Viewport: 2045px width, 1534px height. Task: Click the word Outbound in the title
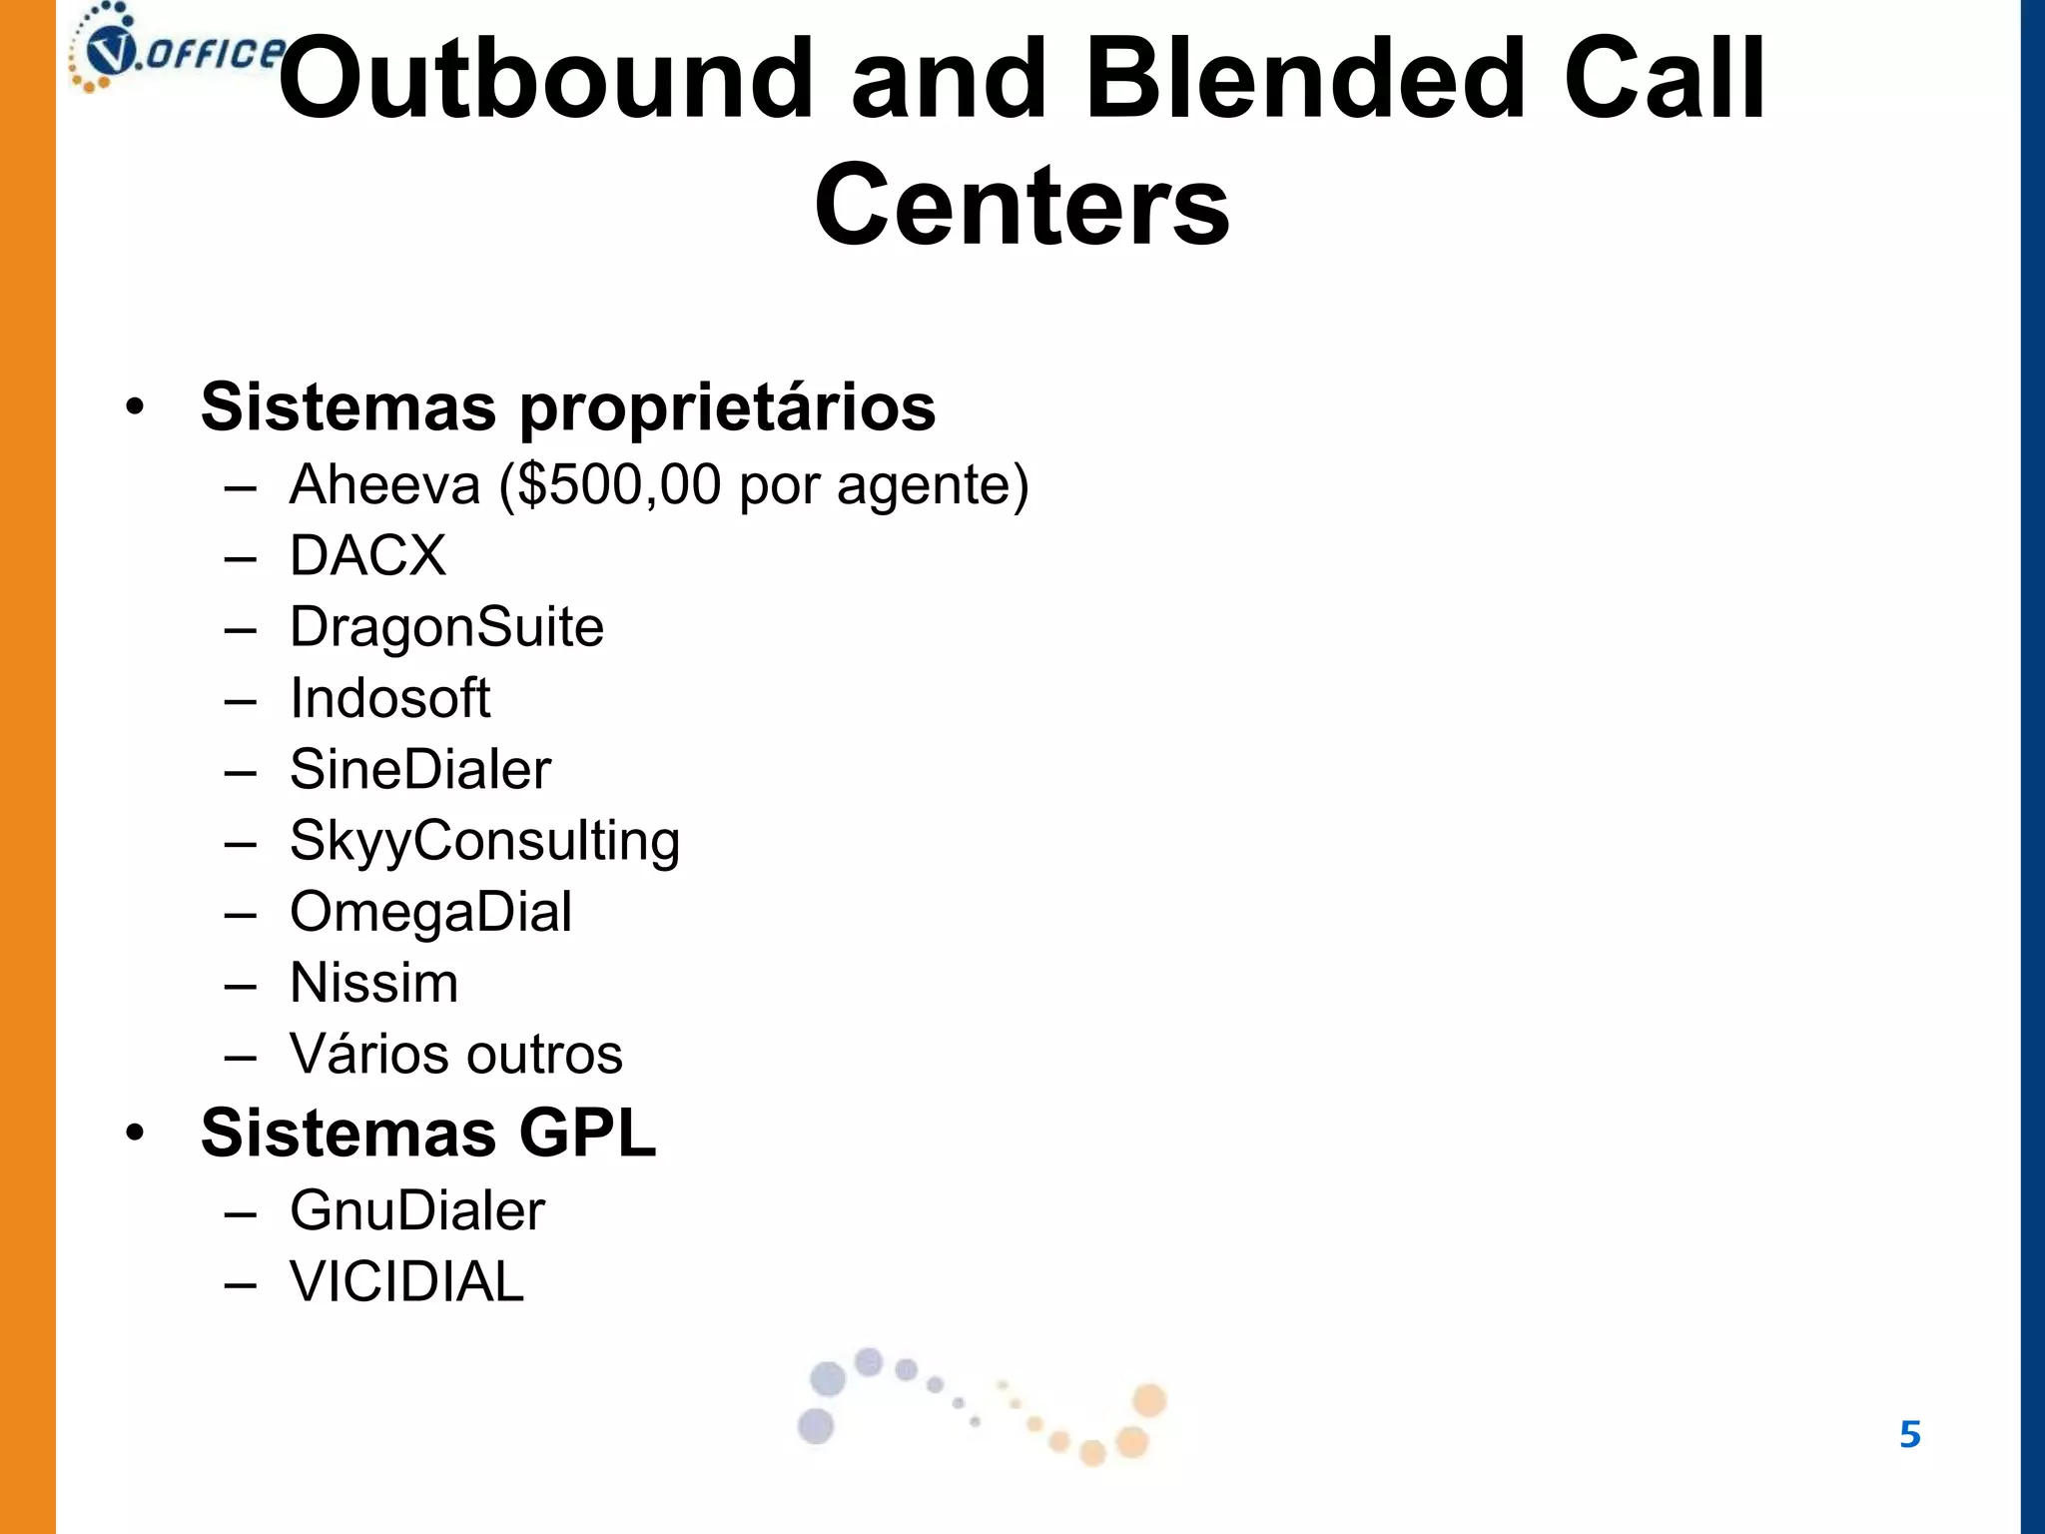[x=544, y=78]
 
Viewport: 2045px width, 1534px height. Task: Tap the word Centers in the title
[x=1022, y=205]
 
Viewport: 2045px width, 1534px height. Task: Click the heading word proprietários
[x=727, y=408]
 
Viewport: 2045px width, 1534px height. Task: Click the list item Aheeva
[x=384, y=485]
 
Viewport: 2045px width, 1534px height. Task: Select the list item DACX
[x=367, y=555]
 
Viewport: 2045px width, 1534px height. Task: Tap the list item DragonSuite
[x=446, y=627]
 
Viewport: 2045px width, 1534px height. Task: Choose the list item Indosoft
[x=389, y=698]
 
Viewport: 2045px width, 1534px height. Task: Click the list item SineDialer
[x=419, y=769]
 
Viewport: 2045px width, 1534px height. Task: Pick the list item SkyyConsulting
[x=484, y=841]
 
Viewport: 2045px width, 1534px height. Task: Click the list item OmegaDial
[x=430, y=912]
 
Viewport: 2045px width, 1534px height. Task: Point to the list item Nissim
[x=373, y=983]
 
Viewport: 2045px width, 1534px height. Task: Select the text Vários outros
[x=455, y=1055]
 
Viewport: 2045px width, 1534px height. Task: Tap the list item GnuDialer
[x=416, y=1211]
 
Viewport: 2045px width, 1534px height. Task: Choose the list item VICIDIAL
[x=406, y=1282]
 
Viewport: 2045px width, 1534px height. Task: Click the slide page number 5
[x=1909, y=1435]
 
